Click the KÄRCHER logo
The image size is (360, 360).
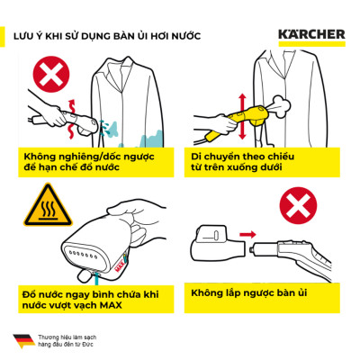[310, 36]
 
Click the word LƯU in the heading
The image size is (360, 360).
[24, 37]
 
